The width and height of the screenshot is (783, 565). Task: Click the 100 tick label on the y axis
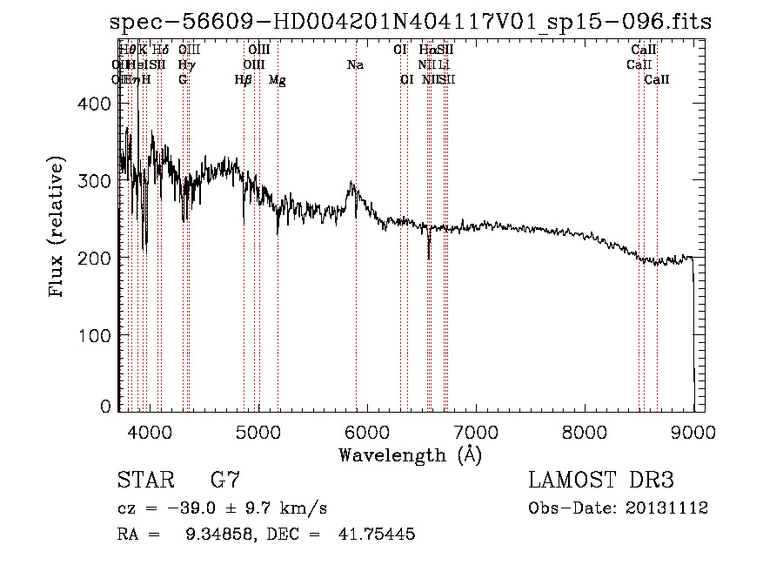coord(96,335)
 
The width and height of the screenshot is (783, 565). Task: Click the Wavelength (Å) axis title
coord(410,454)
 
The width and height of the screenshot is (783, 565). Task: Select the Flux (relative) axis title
coord(57,228)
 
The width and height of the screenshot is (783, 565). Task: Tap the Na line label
coord(355,65)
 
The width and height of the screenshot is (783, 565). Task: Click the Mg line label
coord(278,80)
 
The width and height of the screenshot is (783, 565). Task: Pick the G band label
coord(183,80)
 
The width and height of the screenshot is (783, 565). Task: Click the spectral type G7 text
coord(225,480)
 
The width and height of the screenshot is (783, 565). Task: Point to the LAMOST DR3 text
coord(600,480)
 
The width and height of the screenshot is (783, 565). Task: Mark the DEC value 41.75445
coord(376,535)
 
